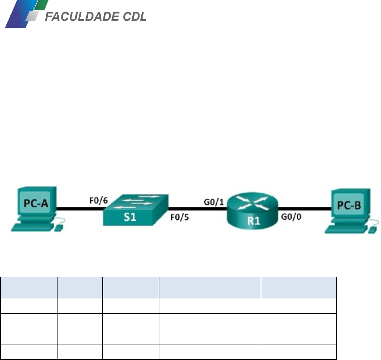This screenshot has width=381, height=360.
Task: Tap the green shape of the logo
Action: point(42,5)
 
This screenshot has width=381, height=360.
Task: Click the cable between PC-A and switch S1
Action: point(80,208)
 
